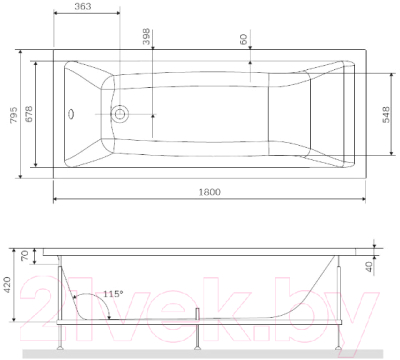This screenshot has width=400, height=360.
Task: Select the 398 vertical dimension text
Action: pos(147,39)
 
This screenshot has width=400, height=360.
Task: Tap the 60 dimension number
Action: pos(243,39)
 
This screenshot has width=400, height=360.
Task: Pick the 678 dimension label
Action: pos(29,112)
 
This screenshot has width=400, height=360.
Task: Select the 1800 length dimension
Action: pos(208,191)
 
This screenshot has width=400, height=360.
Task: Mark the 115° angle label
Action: pos(112,293)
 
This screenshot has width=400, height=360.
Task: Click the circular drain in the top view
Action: pos(120,113)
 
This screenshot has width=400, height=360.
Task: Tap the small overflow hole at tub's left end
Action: pos(71,113)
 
